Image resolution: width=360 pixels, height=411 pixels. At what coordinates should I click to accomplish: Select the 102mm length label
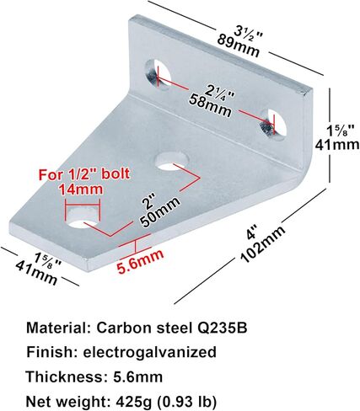click(263, 244)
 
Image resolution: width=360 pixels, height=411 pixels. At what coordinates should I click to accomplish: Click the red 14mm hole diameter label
click(81, 189)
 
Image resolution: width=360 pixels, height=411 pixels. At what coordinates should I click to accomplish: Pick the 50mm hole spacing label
click(160, 212)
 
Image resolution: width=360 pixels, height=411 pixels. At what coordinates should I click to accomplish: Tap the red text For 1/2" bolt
click(84, 174)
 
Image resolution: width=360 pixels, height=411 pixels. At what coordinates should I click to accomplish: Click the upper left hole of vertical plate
click(158, 74)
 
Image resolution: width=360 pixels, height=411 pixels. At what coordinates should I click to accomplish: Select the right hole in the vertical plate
click(273, 124)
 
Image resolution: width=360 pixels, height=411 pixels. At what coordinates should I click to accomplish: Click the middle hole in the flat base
click(171, 161)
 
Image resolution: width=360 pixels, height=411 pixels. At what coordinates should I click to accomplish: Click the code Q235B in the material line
click(221, 328)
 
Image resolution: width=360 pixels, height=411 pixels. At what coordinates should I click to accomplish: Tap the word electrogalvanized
click(149, 352)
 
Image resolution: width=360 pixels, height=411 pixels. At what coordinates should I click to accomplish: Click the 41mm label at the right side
click(337, 145)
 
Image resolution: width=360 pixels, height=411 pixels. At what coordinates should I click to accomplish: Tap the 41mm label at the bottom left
click(37, 272)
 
